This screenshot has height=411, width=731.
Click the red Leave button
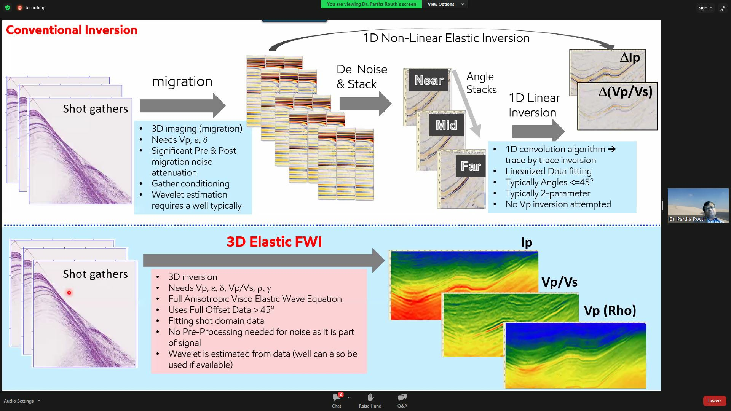tap(714, 401)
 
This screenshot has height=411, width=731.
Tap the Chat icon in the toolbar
tap(337, 398)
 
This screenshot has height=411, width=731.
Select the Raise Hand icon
tap(370, 398)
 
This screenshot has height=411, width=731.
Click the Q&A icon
tap(402, 398)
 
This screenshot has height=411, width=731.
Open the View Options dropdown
tap(445, 4)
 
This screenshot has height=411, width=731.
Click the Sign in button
tap(705, 8)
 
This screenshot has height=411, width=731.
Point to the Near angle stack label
tap(429, 80)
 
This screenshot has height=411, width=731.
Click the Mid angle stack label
tap(446, 125)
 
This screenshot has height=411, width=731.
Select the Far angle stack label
tap(471, 166)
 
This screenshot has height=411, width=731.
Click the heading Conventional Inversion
tap(72, 30)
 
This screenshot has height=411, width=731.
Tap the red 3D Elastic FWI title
tap(274, 242)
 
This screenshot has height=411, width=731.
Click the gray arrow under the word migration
tap(182, 106)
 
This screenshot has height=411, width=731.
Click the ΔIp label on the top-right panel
tap(630, 57)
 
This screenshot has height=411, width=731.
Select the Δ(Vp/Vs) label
tap(625, 92)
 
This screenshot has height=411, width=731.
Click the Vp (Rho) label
tap(610, 311)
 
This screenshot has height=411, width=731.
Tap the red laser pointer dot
tap(69, 293)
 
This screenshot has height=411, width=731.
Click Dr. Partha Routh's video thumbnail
tap(698, 205)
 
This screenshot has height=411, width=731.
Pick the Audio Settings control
tap(19, 401)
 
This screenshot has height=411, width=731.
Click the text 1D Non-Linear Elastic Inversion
tap(446, 38)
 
